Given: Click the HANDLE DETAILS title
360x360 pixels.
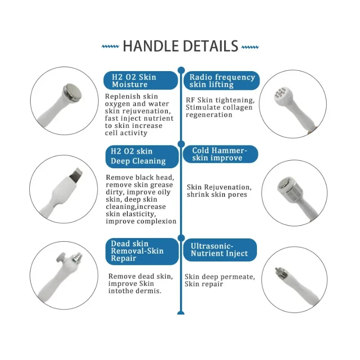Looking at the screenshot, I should (180, 46).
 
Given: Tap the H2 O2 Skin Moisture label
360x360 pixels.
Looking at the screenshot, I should (140, 81).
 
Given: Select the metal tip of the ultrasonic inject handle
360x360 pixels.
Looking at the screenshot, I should (276, 271).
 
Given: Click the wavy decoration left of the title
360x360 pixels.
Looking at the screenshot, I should (110, 46).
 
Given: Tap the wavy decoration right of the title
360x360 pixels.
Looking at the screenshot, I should (250, 46).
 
